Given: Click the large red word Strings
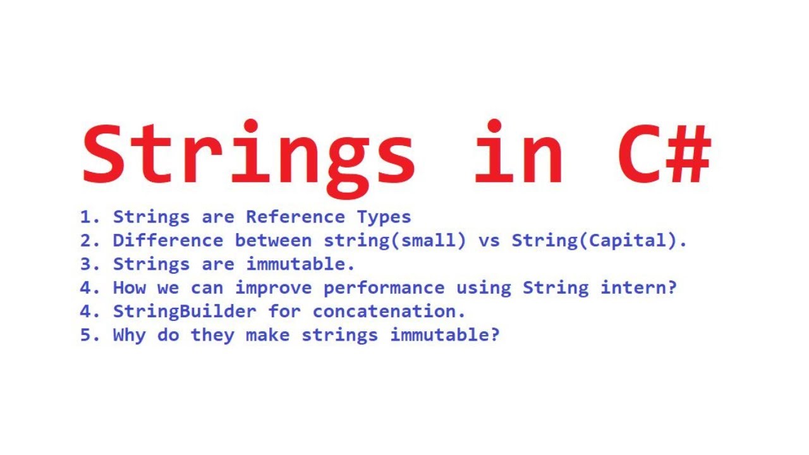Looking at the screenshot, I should tap(249, 155).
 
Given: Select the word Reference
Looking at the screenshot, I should tap(295, 217).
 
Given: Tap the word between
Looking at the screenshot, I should tap(273, 240).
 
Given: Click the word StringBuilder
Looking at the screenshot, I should tap(185, 311).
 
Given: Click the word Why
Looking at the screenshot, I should tap(129, 334).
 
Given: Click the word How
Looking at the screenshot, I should tap(129, 288).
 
